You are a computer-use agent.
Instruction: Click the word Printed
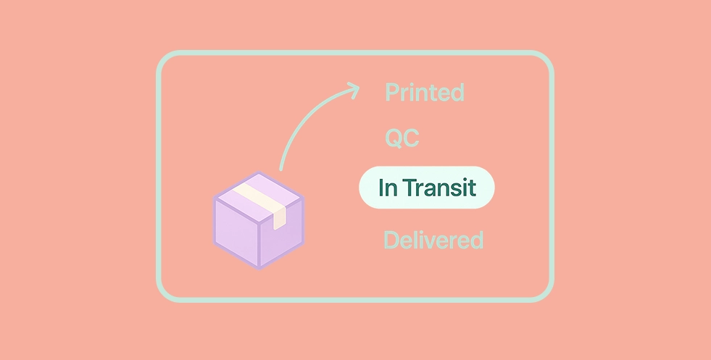tap(425, 92)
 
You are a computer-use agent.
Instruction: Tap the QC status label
tap(402, 138)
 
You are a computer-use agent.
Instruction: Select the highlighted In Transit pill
tap(427, 188)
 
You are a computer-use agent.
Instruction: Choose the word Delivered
tap(433, 239)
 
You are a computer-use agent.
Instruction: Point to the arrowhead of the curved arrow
tap(354, 90)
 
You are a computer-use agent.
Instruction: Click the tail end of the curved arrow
tap(281, 169)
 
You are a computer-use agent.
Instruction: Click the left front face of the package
tap(236, 233)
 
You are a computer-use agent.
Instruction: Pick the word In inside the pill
tap(388, 188)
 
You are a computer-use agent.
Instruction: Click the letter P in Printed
tap(392, 92)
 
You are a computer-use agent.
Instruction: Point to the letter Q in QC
tap(393, 139)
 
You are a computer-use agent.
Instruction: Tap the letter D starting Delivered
tap(392, 239)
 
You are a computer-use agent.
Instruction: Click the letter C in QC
tap(411, 139)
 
